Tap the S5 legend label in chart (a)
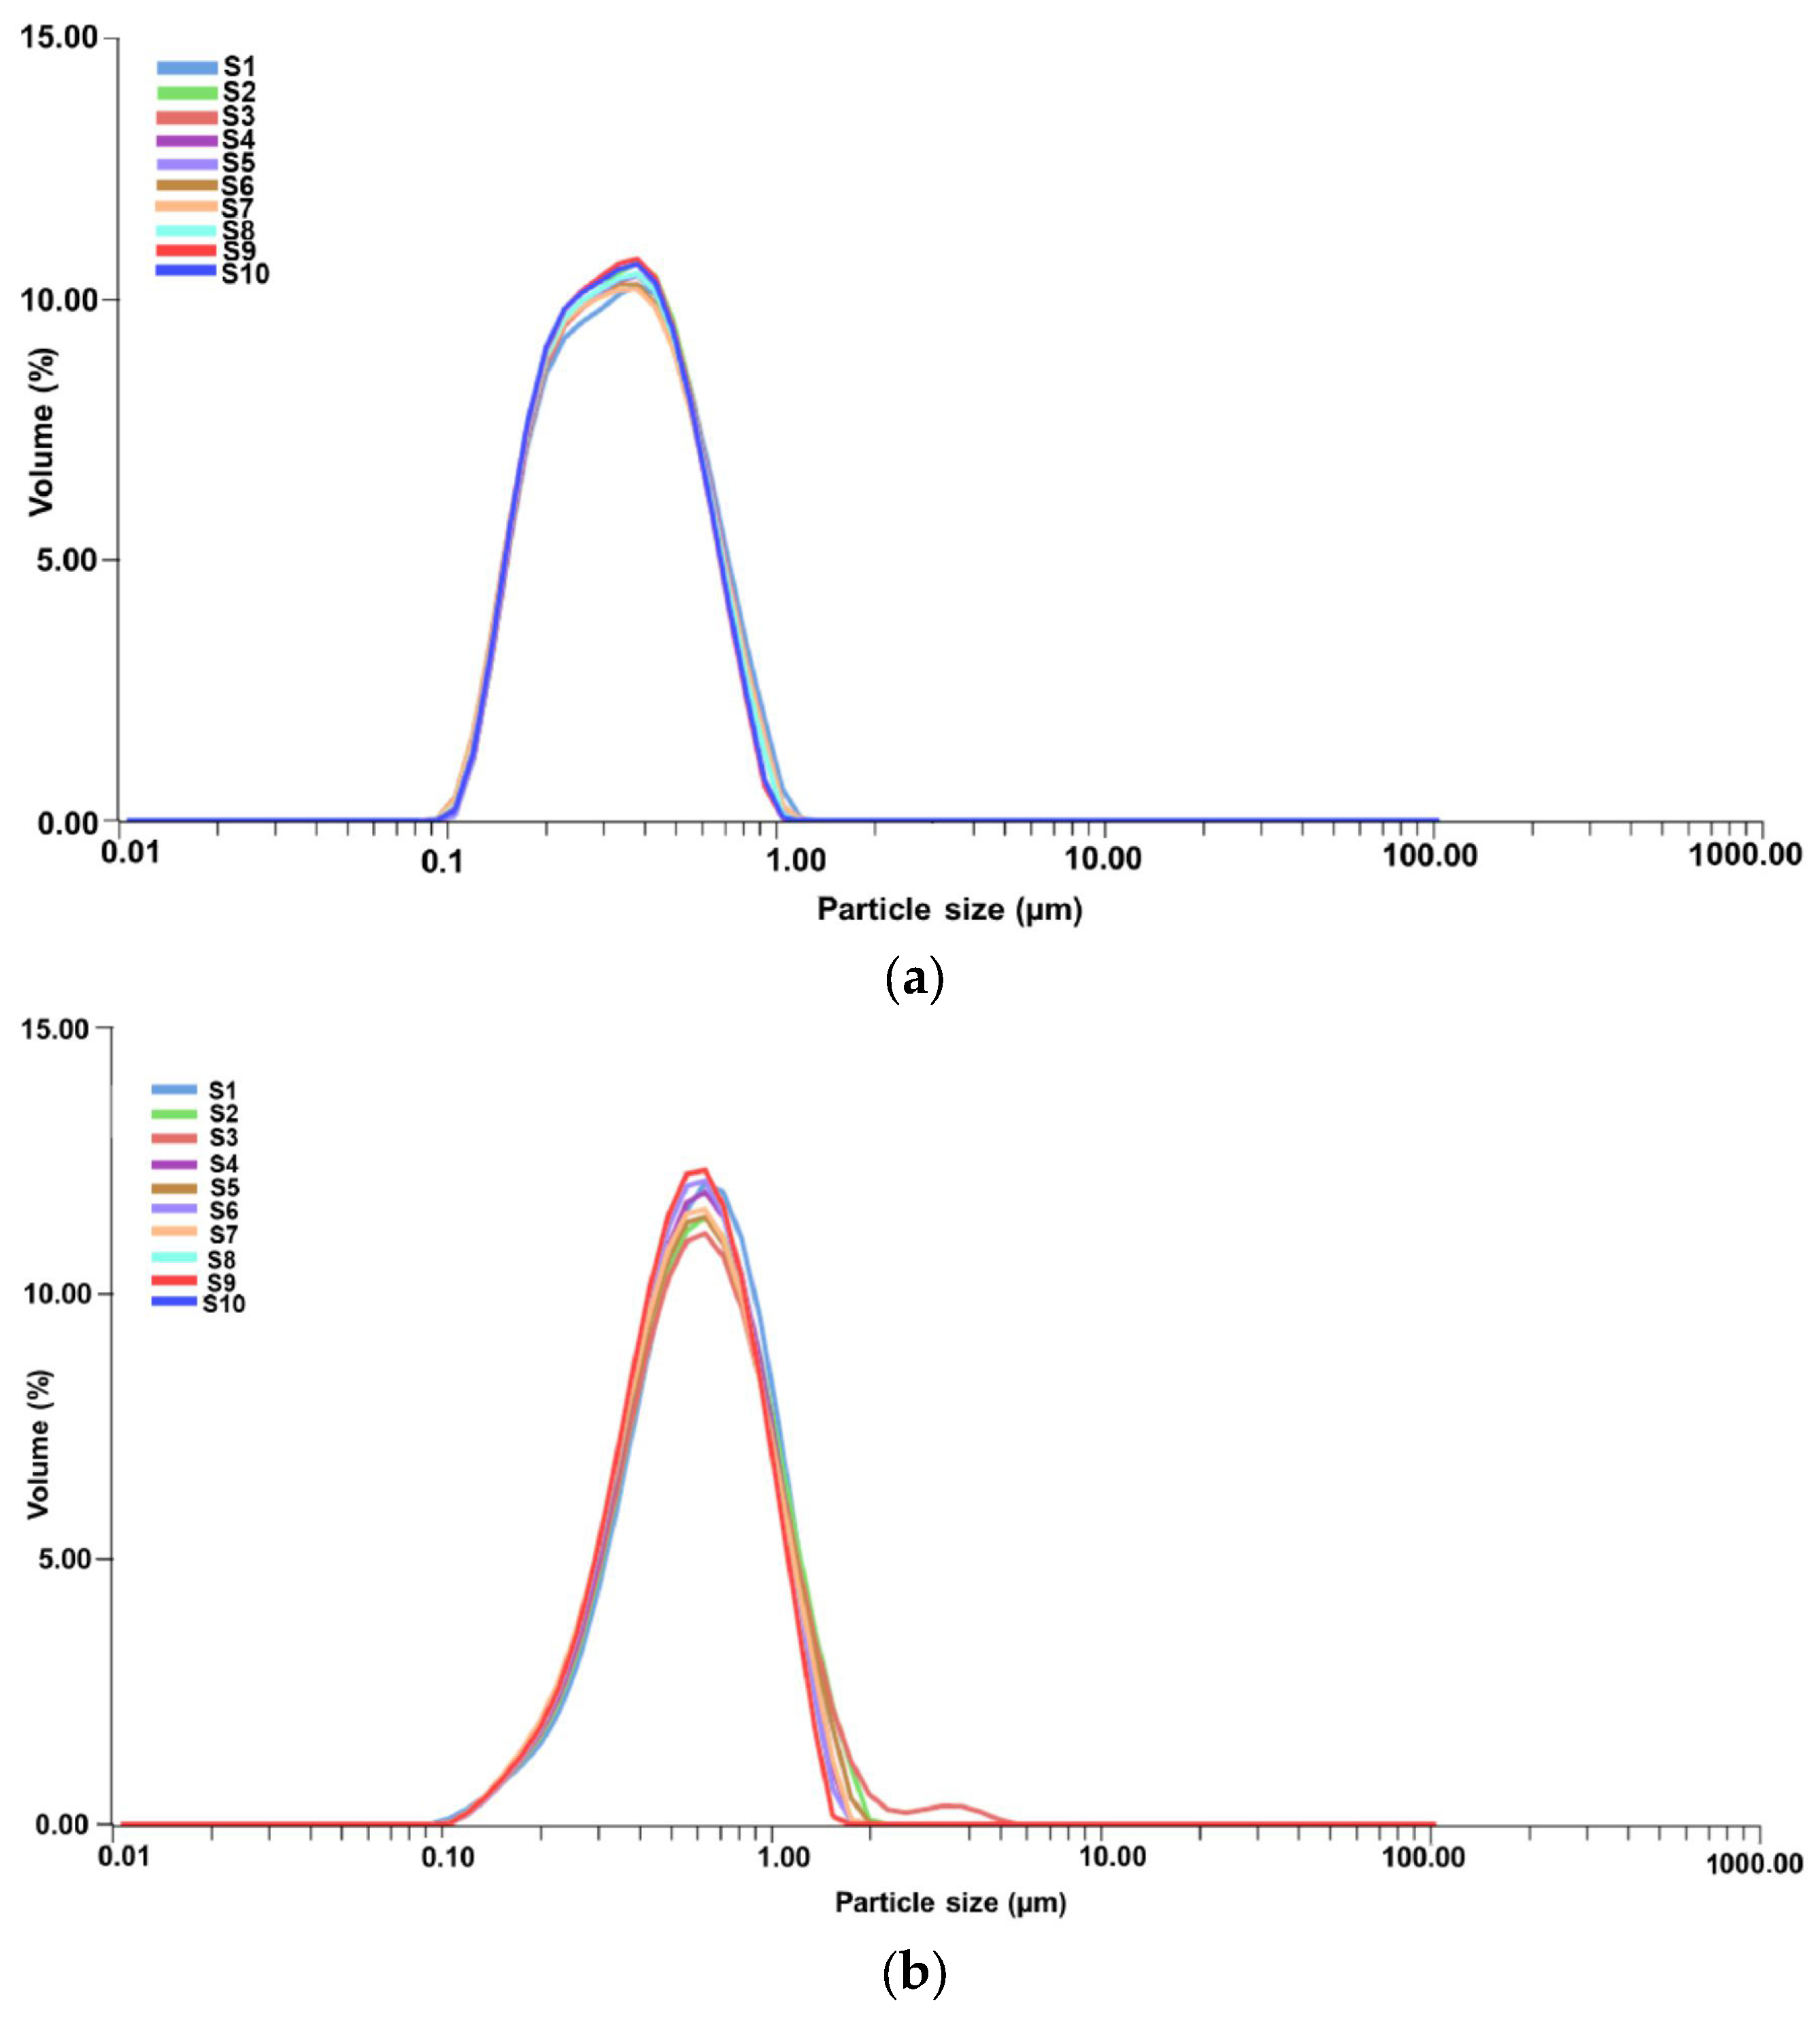pos(238,163)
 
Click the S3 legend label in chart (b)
pos(224,1137)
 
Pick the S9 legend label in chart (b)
pos(222,1282)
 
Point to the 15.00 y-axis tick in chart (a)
pos(60,38)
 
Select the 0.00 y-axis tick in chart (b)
pos(61,1824)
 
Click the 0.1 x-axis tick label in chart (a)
pos(442,861)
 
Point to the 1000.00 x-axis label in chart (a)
pos(1745,854)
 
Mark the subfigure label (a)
pos(913,979)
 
